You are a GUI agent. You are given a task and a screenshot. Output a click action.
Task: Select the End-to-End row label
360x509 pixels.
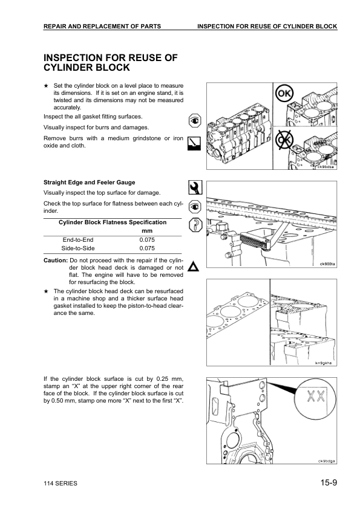pos(78,239)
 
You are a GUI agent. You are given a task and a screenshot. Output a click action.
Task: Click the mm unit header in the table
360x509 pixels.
pos(146,231)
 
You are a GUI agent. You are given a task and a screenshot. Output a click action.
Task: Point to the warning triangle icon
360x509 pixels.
pos(194,267)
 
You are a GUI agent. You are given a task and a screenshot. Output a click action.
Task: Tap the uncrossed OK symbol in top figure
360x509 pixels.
pos(284,94)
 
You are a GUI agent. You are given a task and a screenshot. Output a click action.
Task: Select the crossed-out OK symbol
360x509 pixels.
pos(284,141)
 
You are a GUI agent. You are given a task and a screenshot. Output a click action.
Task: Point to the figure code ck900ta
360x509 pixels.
pos(327,264)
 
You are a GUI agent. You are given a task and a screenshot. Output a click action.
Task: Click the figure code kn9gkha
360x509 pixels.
pos(325,363)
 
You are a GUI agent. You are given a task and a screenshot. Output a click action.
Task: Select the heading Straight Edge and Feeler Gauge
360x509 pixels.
pos(90,182)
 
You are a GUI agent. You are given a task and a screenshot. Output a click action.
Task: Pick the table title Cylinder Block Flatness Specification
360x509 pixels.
pos(113,222)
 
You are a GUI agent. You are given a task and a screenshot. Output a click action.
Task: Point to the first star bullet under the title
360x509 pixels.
pos(47,86)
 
